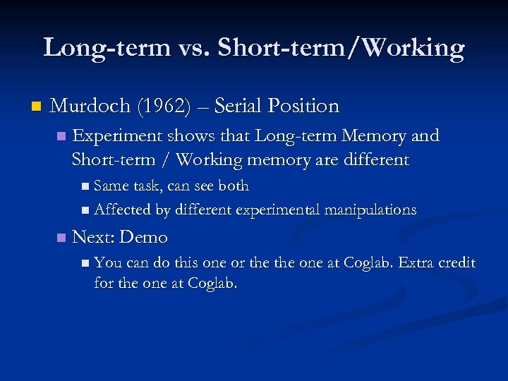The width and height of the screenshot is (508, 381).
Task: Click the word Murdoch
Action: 90,107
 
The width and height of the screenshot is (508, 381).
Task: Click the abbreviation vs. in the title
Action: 194,48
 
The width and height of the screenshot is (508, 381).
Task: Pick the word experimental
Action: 278,210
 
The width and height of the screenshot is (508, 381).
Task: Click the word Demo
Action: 144,237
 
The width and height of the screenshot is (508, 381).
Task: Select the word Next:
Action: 93,237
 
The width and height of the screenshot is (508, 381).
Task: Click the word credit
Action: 457,263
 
